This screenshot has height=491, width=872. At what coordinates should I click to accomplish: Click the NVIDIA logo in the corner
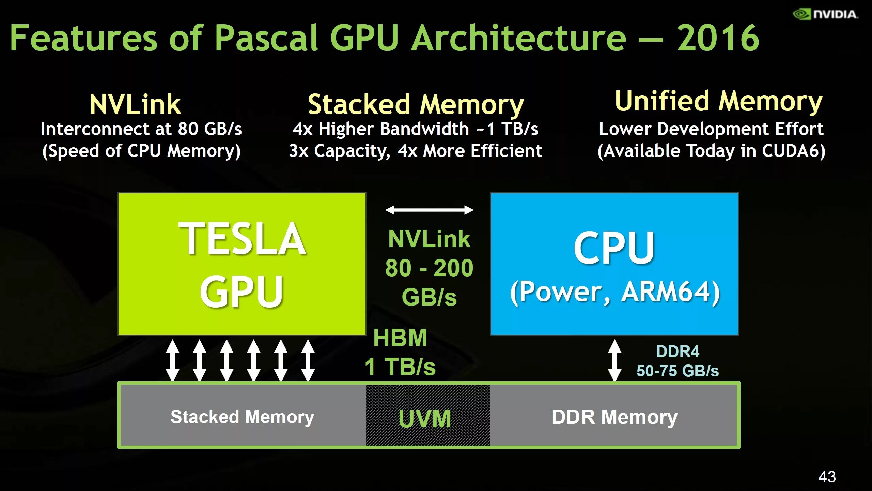[825, 14]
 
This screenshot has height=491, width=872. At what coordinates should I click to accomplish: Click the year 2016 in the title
[718, 38]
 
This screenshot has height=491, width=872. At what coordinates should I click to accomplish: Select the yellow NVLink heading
[135, 104]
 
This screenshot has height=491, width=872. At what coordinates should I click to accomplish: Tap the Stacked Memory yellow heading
[416, 104]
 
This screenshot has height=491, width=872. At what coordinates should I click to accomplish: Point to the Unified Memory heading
[719, 101]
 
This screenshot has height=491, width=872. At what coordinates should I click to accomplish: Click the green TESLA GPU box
[242, 264]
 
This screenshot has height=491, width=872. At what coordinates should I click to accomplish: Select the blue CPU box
[614, 264]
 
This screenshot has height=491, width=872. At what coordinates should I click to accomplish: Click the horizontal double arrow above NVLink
[429, 210]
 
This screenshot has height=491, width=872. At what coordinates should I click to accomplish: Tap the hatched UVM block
[428, 415]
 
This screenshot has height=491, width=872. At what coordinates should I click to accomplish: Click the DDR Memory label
[614, 417]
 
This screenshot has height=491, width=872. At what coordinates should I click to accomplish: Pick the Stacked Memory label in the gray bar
[242, 417]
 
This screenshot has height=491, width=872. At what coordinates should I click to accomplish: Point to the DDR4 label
[678, 352]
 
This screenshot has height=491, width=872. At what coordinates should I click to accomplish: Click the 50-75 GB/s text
[678, 371]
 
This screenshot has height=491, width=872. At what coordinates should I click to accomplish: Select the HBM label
[400, 338]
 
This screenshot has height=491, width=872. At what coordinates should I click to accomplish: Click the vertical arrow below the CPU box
[614, 360]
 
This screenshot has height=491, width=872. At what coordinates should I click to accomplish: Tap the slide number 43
[827, 477]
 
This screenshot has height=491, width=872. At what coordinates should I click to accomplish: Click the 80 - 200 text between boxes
[429, 268]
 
